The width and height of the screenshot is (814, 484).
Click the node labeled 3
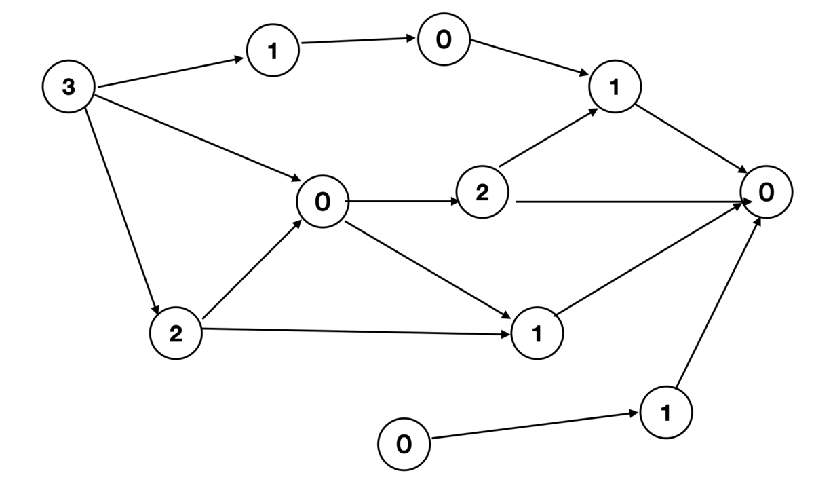[69, 86]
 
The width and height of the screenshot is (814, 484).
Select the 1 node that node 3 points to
[273, 50]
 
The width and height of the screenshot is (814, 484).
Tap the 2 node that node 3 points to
[176, 333]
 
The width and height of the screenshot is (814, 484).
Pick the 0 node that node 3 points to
[323, 202]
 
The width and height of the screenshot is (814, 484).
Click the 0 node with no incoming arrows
[404, 445]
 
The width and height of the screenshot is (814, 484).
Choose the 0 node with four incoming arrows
[767, 192]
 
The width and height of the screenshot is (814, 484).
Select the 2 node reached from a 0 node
[482, 192]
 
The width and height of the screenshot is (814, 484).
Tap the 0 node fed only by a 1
[444, 39]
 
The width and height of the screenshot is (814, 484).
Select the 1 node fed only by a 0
[666, 412]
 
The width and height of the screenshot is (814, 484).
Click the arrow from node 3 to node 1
[171, 72]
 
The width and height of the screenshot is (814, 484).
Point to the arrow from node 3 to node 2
[121, 211]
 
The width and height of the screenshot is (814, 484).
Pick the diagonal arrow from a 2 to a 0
[252, 269]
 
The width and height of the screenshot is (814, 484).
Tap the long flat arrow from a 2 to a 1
[356, 332]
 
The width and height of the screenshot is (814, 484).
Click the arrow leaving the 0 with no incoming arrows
[535, 426]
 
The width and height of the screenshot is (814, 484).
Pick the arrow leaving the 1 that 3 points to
[358, 40]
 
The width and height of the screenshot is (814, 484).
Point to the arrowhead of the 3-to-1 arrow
[239, 59]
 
